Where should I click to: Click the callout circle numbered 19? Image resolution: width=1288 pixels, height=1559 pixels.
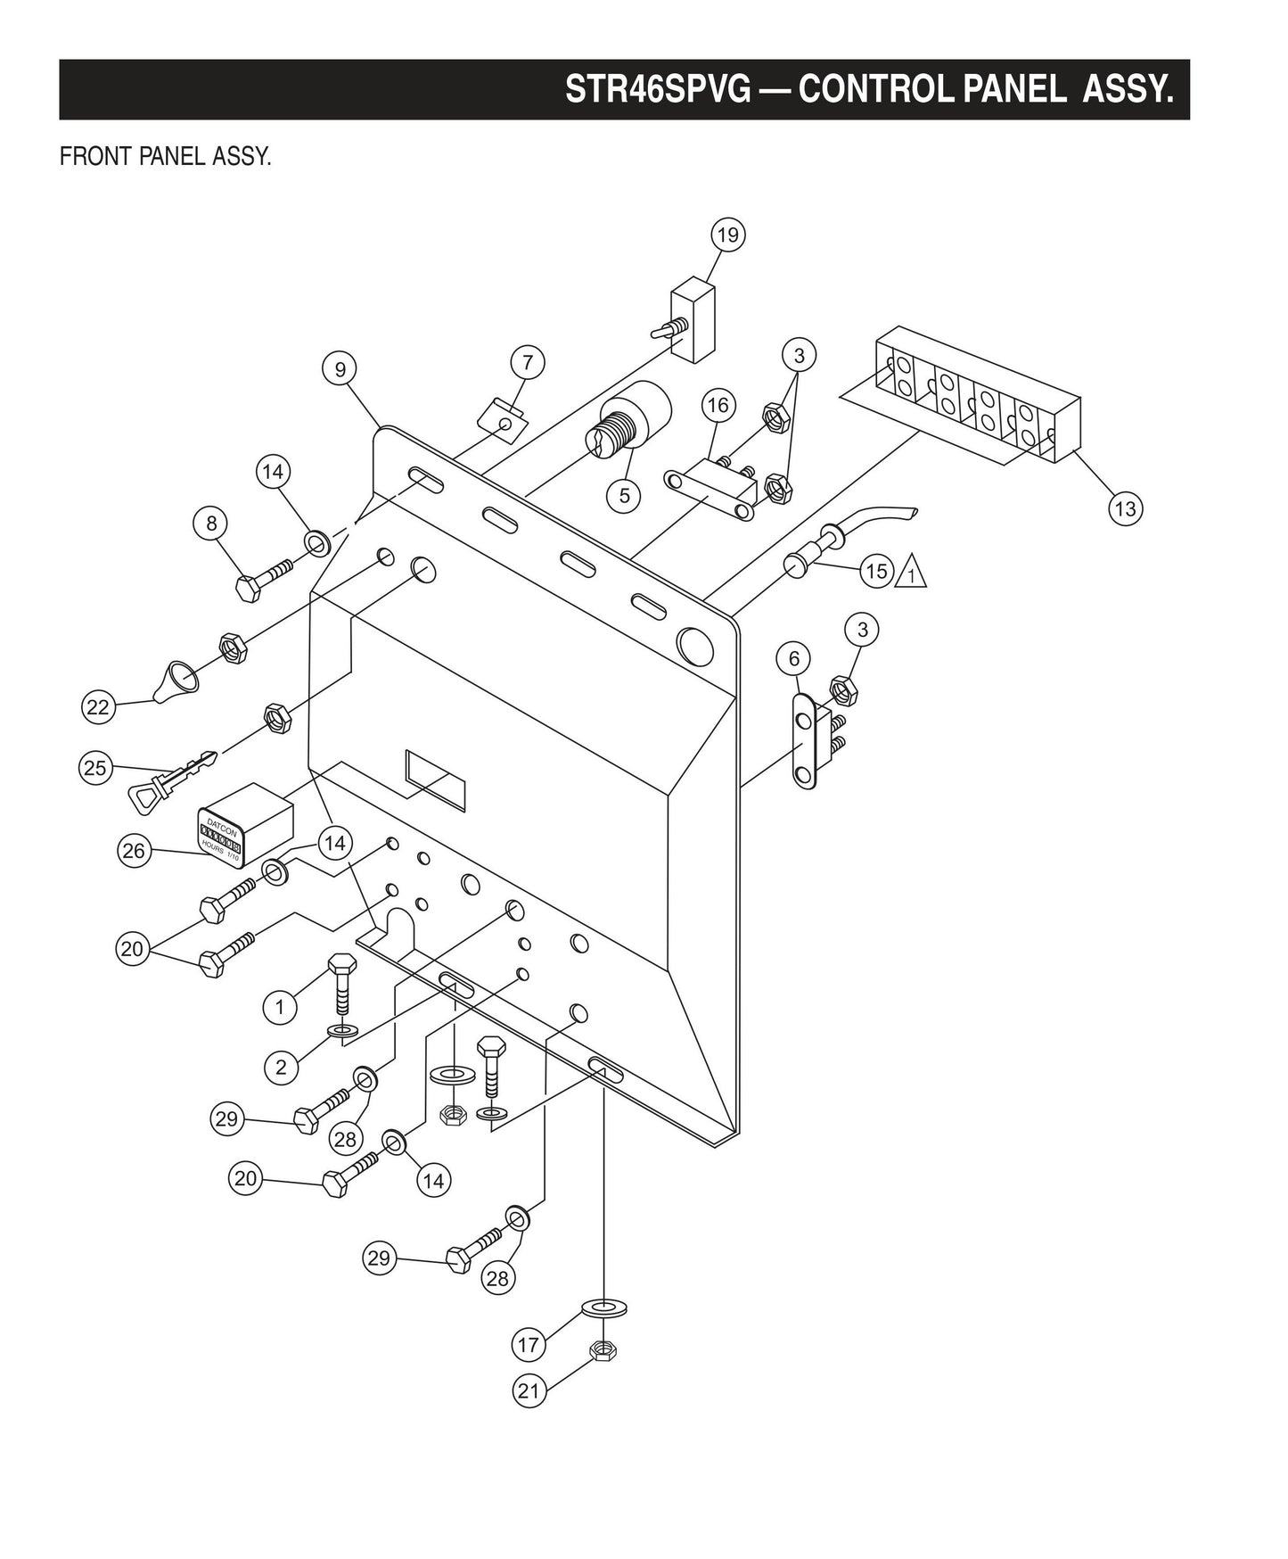[727, 235]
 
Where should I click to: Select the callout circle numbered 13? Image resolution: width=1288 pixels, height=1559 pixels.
[1125, 508]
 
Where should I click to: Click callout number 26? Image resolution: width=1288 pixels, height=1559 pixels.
[133, 851]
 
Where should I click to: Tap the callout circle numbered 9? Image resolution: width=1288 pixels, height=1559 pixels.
[340, 368]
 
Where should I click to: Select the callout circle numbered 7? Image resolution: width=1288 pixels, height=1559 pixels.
[528, 362]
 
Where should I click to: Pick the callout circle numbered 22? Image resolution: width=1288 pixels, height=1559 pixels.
[97, 707]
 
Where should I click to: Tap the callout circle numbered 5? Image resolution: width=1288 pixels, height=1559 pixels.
[624, 495]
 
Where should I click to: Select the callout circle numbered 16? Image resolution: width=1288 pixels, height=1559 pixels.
[718, 405]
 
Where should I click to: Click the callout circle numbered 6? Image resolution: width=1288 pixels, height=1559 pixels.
[793, 659]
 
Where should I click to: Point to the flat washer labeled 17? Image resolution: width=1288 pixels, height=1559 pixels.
[604, 1307]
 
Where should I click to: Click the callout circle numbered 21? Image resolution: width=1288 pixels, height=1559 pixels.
[529, 1390]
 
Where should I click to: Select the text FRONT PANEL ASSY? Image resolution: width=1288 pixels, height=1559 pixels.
[165, 157]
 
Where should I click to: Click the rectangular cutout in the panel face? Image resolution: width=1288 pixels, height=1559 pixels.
[436, 779]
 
